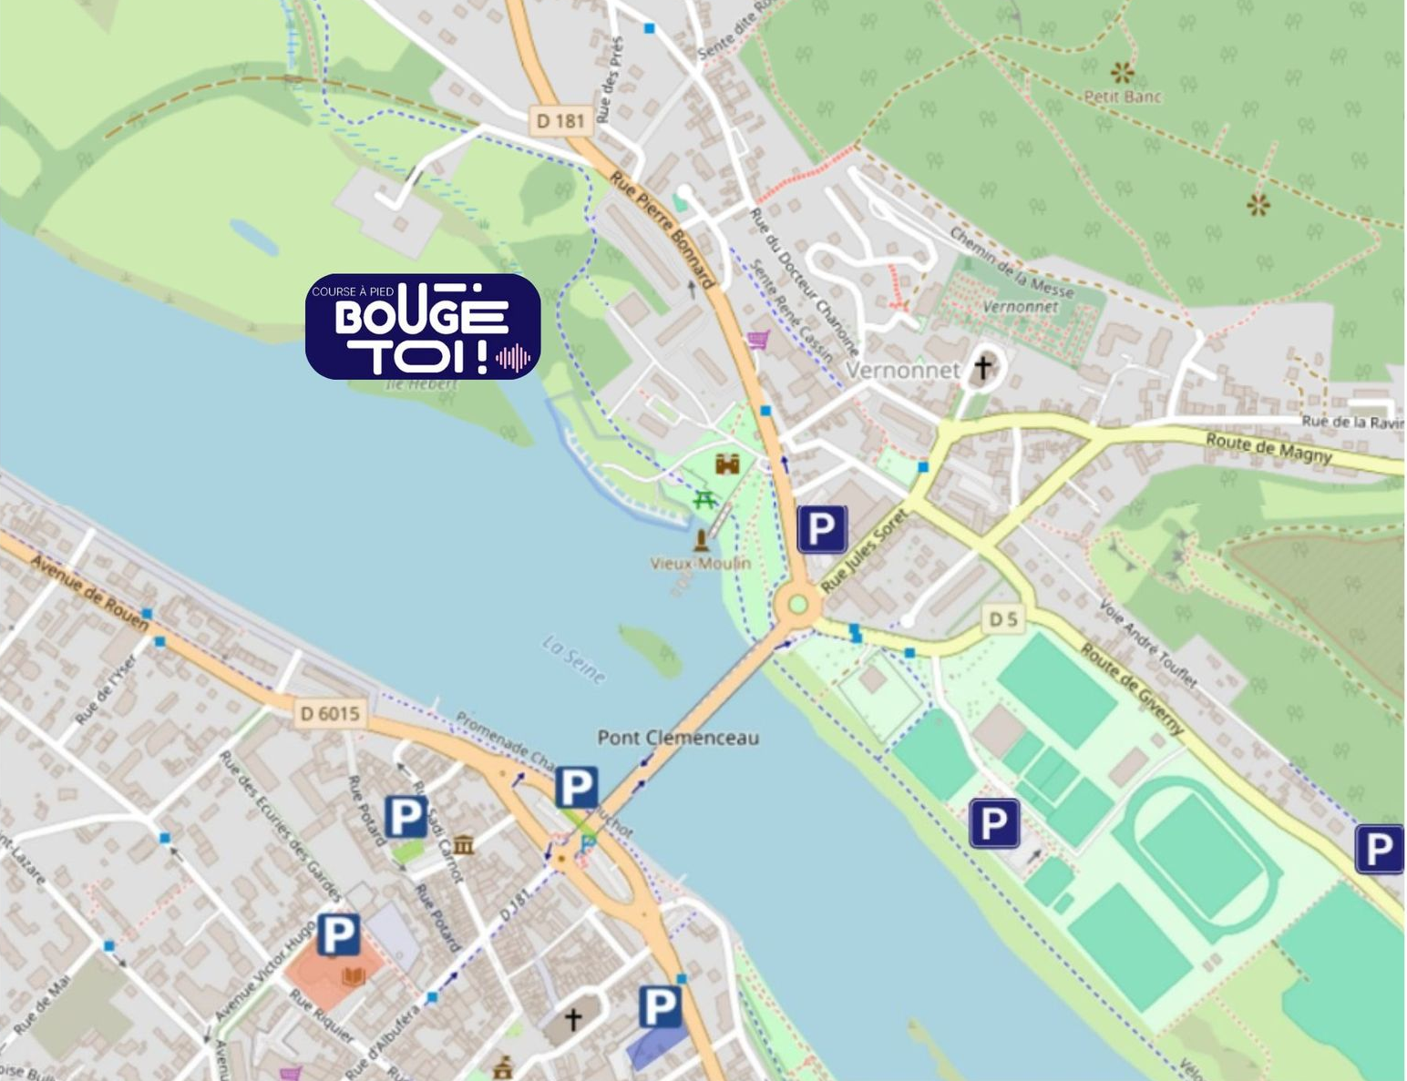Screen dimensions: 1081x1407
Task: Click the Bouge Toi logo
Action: point(423,326)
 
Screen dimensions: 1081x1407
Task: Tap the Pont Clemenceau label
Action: point(677,738)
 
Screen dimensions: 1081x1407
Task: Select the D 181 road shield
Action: point(560,120)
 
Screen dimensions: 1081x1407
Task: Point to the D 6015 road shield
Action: point(330,713)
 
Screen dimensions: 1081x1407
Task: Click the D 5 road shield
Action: point(1003,619)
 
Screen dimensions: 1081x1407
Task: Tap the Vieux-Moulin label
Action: point(700,564)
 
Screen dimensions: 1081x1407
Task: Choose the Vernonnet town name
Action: point(902,370)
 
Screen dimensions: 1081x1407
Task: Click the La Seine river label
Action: point(573,659)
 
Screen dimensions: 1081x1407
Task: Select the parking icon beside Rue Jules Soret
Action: point(821,529)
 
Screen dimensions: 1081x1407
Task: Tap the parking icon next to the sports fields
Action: point(993,823)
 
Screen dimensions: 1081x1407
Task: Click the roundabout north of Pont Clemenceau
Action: point(798,604)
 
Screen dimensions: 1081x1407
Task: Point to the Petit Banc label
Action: point(1123,96)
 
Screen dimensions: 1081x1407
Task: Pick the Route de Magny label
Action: point(1268,448)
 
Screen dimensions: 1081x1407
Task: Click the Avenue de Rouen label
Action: point(89,593)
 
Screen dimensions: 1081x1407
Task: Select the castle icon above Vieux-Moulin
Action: point(727,464)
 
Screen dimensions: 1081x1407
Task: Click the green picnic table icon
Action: point(703,499)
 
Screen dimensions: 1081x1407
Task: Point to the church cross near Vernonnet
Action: point(982,367)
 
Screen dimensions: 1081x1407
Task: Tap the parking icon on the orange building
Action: point(337,935)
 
